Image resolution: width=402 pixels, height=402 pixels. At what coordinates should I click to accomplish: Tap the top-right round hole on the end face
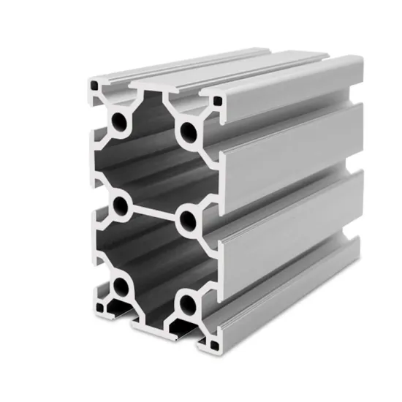point(189,132)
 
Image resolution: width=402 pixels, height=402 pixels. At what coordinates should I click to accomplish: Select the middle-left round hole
point(119,204)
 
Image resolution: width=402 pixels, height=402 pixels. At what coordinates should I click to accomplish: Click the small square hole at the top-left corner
point(94,86)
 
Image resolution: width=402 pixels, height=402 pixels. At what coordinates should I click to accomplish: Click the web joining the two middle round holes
point(153,211)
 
